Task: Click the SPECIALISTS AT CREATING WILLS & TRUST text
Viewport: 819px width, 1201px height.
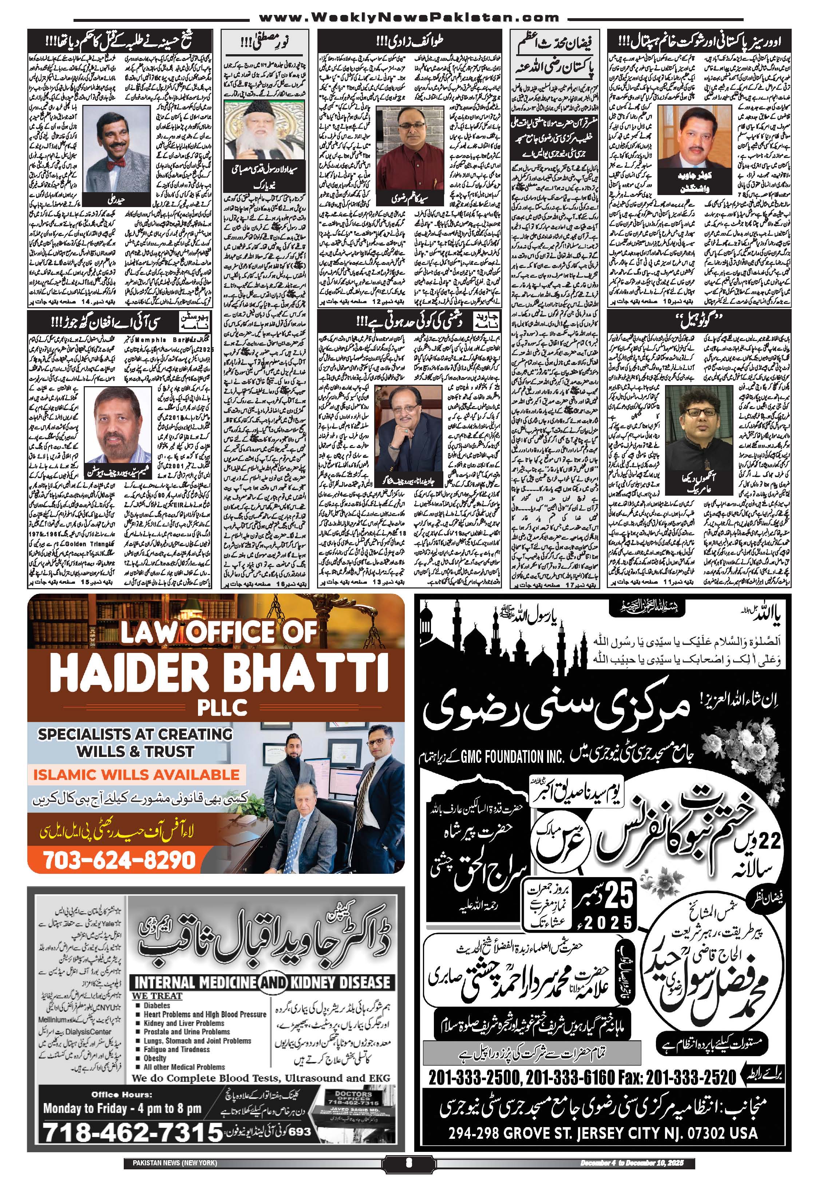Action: [x=135, y=742]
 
